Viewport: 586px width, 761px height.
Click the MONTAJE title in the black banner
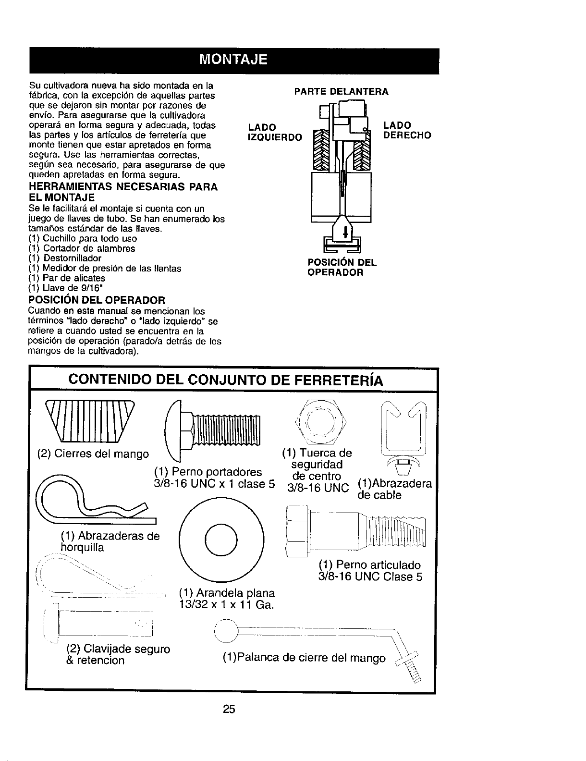point(234,61)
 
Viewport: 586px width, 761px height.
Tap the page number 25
point(229,709)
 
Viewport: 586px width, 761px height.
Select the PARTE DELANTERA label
point(341,91)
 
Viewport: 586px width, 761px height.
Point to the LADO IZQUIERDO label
point(274,132)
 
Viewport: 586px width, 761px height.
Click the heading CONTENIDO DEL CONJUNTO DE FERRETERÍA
point(226,380)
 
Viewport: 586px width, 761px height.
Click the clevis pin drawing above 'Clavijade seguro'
point(103,624)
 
